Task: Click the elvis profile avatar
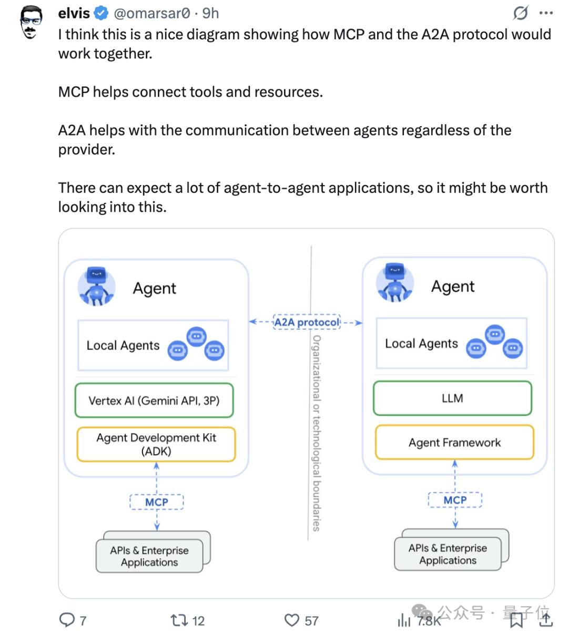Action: point(31,23)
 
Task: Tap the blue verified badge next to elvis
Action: point(101,13)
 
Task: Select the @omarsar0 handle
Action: point(152,13)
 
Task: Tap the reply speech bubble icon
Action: point(67,620)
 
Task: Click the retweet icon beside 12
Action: point(179,620)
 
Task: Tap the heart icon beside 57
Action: point(291,620)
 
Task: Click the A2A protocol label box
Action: point(307,322)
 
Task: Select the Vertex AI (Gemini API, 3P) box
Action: point(154,401)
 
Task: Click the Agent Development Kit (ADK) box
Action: point(156,444)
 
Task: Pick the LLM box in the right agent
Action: point(452,398)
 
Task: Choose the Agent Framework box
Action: point(454,443)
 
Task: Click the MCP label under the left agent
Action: point(157,502)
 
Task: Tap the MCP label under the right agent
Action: point(455,500)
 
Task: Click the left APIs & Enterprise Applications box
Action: point(149,556)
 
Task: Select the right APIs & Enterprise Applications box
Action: point(448,554)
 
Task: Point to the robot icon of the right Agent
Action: point(395,284)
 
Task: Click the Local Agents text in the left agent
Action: point(123,345)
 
